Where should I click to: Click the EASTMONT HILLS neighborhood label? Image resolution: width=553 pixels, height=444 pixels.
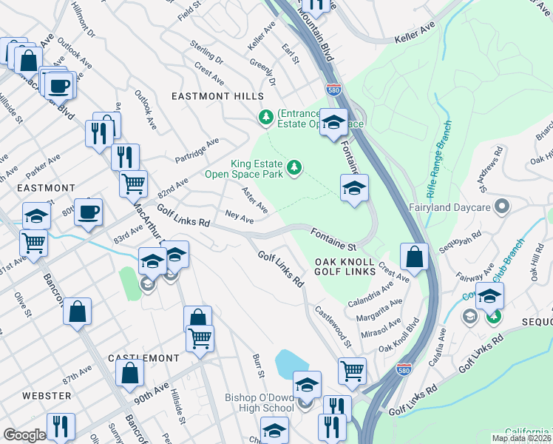coord(217,97)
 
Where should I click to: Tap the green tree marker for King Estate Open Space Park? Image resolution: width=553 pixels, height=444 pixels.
coord(295,168)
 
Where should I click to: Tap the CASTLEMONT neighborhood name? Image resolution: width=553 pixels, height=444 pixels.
coord(143,358)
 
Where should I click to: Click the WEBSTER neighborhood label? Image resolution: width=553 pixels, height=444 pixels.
coord(47,396)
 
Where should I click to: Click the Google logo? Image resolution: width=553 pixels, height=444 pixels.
coord(24,435)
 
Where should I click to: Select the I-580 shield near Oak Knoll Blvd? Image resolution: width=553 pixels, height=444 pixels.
coord(404,367)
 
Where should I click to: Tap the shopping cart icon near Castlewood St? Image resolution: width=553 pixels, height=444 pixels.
coord(352,369)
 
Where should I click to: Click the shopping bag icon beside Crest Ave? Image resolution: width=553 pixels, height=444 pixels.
coord(415,256)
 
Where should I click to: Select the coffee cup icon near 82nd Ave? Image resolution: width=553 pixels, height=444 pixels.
coord(89,211)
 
